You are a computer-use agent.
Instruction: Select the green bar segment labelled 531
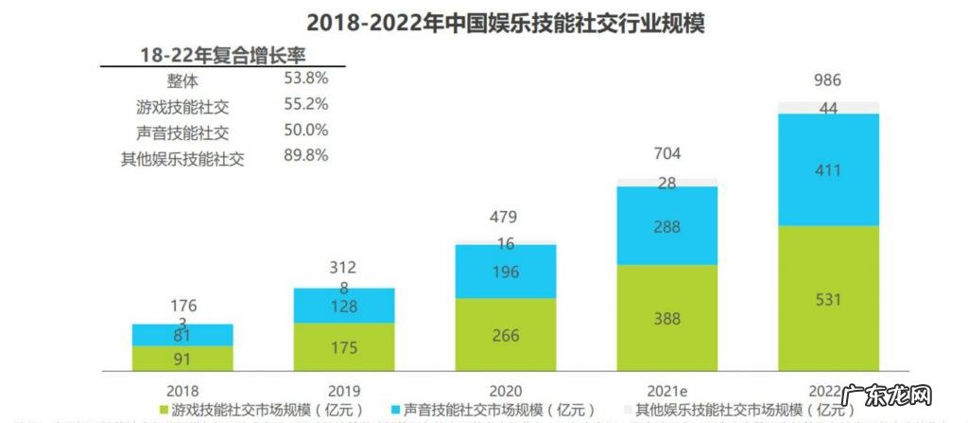(x=829, y=298)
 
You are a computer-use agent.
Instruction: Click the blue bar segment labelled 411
(x=829, y=169)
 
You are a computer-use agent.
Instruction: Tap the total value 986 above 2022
(x=828, y=80)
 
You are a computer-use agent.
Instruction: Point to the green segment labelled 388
(x=667, y=318)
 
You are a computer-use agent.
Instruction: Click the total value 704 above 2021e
(x=667, y=153)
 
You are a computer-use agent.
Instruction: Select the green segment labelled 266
(x=506, y=335)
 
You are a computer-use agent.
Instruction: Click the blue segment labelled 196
(x=506, y=272)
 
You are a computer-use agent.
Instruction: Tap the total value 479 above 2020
(x=506, y=219)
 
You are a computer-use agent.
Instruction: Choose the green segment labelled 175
(x=344, y=347)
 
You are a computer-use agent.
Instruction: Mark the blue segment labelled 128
(x=344, y=306)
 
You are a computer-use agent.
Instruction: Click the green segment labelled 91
(x=182, y=358)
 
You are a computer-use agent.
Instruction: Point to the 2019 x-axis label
(x=344, y=389)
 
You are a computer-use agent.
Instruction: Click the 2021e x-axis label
(x=667, y=389)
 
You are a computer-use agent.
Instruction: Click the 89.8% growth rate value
(x=305, y=156)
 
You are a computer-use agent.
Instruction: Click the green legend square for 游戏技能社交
(x=163, y=411)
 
